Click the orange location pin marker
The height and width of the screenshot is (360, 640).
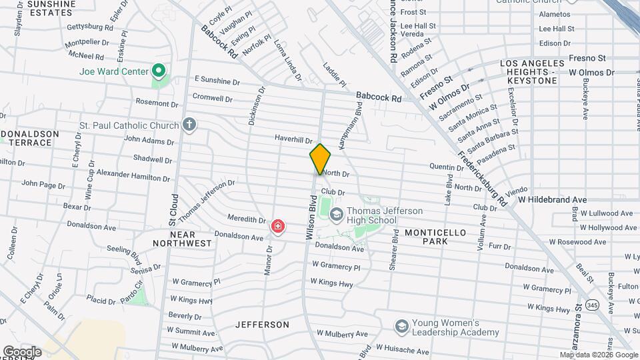click(321, 159)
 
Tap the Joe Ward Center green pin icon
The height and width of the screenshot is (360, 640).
click(159, 70)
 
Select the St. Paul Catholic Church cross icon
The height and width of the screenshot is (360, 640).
click(190, 125)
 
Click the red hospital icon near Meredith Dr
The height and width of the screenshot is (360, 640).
click(277, 227)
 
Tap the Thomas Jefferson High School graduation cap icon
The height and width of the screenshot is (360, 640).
click(336, 215)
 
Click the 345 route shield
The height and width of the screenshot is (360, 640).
click(591, 305)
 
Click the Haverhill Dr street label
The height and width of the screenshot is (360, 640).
click(293, 139)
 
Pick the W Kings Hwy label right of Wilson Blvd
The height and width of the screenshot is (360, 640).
click(332, 283)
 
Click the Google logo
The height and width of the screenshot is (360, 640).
click(21, 352)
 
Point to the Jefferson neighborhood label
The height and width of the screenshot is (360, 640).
click(262, 325)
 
